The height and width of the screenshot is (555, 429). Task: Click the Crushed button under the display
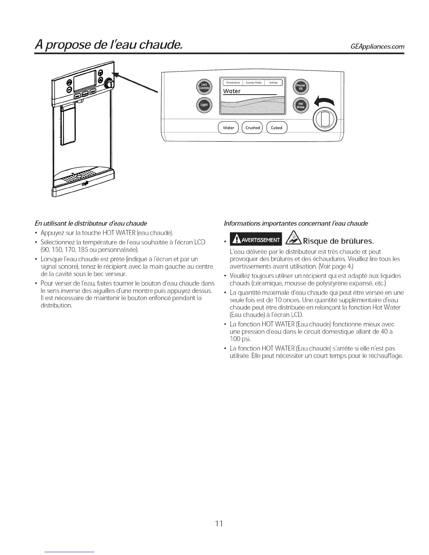point(252,128)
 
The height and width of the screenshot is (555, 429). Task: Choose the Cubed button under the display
point(277,128)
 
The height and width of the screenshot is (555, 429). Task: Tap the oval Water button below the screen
point(228,128)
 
